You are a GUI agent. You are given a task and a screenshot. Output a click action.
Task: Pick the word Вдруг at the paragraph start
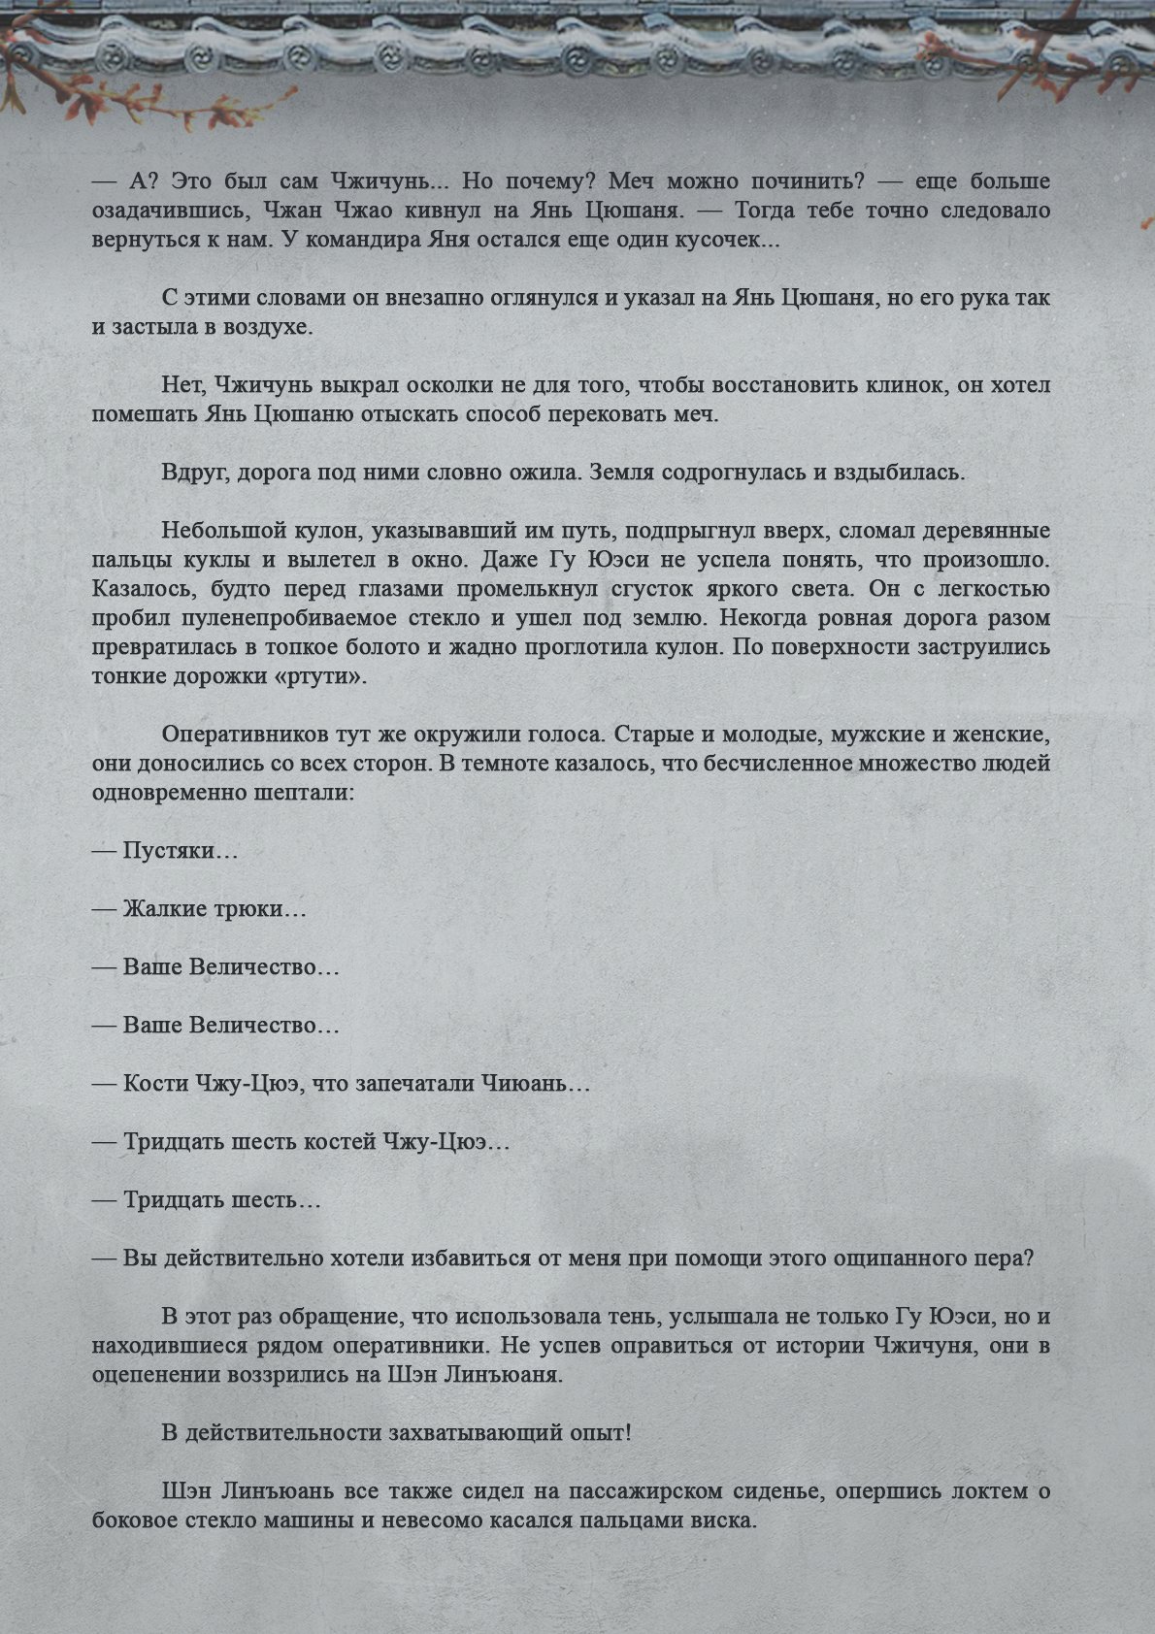(193, 473)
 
